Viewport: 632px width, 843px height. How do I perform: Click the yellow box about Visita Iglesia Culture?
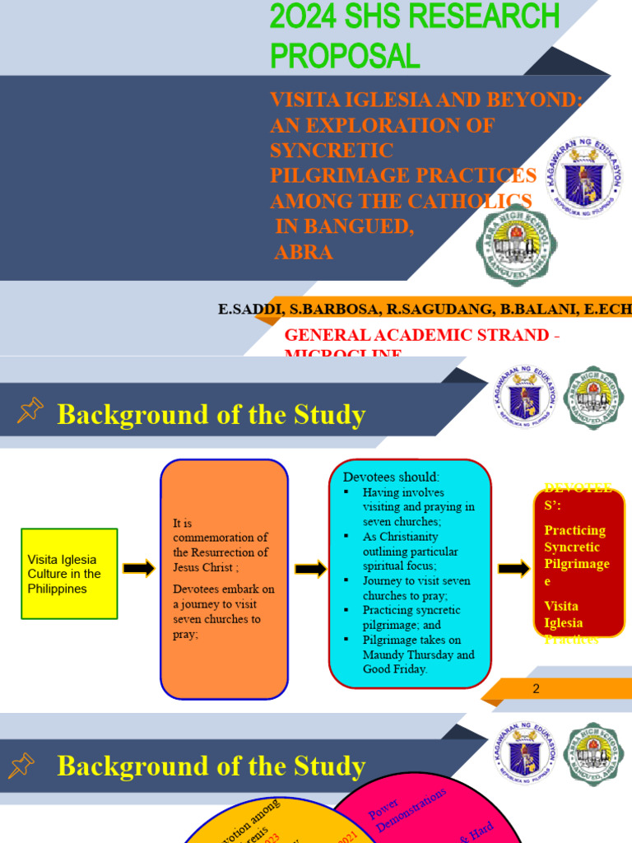coord(70,574)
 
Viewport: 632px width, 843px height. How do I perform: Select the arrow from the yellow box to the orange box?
coord(139,568)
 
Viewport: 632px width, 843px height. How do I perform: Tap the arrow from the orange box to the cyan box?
coord(310,569)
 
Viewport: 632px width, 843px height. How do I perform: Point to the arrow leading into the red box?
coord(513,568)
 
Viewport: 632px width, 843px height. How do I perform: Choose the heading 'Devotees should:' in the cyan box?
coord(391,477)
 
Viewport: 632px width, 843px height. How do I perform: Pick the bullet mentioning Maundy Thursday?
coord(418,654)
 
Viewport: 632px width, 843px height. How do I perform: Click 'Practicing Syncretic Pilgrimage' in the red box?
coord(576,547)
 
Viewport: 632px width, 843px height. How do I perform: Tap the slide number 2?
coord(536,688)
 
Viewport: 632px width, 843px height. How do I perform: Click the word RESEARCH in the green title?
coord(485,16)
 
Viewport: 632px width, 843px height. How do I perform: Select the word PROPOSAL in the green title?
coord(345,55)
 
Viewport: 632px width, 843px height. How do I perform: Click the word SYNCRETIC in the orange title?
coord(332,151)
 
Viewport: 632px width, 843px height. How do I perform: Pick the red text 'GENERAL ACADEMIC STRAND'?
coord(416,335)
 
